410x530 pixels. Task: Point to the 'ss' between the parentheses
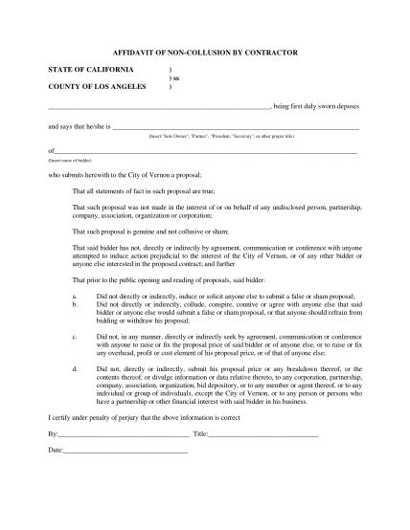click(175, 79)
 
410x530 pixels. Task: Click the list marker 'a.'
click(75, 298)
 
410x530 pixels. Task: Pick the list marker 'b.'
click(75, 307)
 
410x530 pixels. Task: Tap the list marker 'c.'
click(75, 338)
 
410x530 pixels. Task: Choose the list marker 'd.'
click(75, 367)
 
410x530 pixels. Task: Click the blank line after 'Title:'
click(262, 433)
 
